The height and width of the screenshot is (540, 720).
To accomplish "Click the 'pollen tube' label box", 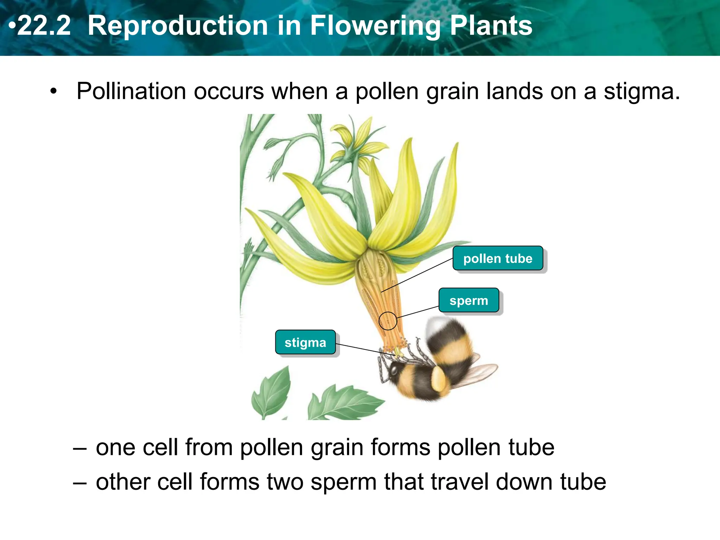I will [497, 258].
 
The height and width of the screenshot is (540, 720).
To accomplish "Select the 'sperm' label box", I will [469, 300].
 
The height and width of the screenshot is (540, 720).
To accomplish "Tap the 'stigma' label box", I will [305, 342].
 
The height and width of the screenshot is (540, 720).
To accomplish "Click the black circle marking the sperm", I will [388, 321].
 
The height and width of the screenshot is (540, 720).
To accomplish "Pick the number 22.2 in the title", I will [44, 26].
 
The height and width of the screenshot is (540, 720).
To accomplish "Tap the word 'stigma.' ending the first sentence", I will [642, 91].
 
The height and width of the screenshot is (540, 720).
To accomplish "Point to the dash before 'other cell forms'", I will [80, 483].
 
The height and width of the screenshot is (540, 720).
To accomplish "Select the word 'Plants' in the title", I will [491, 26].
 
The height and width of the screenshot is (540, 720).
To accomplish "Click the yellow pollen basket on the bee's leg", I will [439, 379].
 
